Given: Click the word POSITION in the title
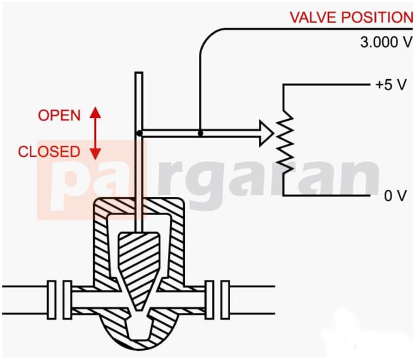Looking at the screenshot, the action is pyautogui.click(x=377, y=17).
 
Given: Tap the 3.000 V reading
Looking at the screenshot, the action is pyautogui.click(x=387, y=42).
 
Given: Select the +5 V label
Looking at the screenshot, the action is pyautogui.click(x=391, y=85).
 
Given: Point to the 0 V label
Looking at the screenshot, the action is pyautogui.click(x=395, y=196).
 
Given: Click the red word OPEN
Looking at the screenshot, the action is pyautogui.click(x=59, y=115).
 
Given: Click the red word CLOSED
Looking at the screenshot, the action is pyautogui.click(x=49, y=152).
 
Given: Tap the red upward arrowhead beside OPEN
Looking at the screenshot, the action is pyautogui.click(x=95, y=113).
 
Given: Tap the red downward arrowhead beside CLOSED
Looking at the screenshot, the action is pyautogui.click(x=95, y=154).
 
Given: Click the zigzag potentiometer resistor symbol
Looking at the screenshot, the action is pyautogui.click(x=285, y=142).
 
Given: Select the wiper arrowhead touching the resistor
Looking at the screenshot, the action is pyautogui.click(x=266, y=133).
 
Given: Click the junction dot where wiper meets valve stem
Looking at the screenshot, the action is pyautogui.click(x=139, y=133).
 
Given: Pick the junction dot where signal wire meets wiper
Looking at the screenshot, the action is pyautogui.click(x=200, y=133).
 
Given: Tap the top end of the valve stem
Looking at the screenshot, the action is pyautogui.click(x=139, y=73).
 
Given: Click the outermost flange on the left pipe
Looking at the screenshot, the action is pyautogui.click(x=52, y=300).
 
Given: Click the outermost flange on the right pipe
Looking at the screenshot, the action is pyautogui.click(x=225, y=300).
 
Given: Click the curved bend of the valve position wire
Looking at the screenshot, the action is pyautogui.click(x=207, y=36).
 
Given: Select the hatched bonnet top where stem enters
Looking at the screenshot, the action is pyautogui.click(x=139, y=206).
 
